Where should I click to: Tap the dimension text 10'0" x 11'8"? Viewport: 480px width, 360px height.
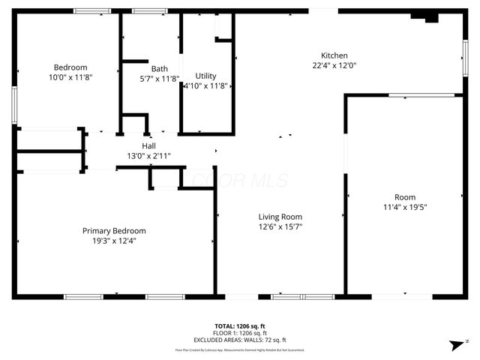[x=68, y=77]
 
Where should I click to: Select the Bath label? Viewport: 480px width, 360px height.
[x=159, y=68]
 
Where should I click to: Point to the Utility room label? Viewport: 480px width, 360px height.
[x=205, y=76]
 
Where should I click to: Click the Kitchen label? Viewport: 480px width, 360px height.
[x=334, y=55]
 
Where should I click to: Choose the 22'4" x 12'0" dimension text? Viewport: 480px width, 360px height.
[x=334, y=65]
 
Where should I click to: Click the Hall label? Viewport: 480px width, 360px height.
[x=148, y=145]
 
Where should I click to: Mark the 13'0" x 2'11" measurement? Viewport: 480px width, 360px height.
[x=148, y=156]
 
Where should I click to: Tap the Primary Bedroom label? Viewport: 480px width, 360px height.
[x=114, y=231]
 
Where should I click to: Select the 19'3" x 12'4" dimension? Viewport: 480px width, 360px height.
[x=114, y=241]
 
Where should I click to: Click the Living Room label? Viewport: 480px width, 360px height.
[x=280, y=216]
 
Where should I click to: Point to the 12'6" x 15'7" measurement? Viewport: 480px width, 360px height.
[x=280, y=226]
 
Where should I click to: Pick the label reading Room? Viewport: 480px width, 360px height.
[x=405, y=197]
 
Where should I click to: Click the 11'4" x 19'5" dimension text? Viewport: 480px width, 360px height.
[x=405, y=207]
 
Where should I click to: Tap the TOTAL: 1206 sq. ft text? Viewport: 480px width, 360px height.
[x=240, y=326]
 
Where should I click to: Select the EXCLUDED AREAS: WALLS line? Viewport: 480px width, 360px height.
[x=240, y=340]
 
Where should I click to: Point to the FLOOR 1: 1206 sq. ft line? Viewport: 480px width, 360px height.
[x=240, y=333]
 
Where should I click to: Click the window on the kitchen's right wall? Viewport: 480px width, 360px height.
[x=464, y=57]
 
